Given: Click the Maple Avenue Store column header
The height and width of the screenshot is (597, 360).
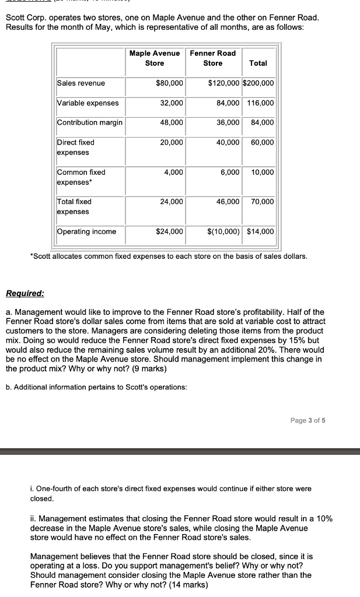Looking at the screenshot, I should pos(155,58).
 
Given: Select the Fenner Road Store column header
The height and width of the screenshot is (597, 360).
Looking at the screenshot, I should pos(213,58).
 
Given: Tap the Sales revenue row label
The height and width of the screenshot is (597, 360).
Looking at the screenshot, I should pos(81,83).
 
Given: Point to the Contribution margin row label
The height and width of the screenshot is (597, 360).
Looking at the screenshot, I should pos(90,122).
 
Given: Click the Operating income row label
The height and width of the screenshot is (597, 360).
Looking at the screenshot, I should pos(86,231).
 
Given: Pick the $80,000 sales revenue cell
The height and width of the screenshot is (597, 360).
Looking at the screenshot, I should pos(170,83).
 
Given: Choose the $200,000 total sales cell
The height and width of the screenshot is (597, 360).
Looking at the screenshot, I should pos(258,83).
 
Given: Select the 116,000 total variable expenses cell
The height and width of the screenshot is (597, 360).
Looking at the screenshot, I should pos(260,103).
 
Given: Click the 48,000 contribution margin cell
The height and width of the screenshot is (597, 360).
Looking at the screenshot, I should pos(172,122).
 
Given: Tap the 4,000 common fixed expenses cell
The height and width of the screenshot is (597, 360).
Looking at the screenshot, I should pos(174,173).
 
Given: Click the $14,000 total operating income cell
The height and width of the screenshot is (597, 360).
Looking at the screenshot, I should pos(260,231).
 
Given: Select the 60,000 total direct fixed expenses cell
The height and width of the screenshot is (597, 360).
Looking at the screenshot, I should pos(262,142).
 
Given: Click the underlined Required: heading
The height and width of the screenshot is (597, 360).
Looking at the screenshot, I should pos(25,293).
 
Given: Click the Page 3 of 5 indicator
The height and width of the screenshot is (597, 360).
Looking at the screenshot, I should pos(307,420).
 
